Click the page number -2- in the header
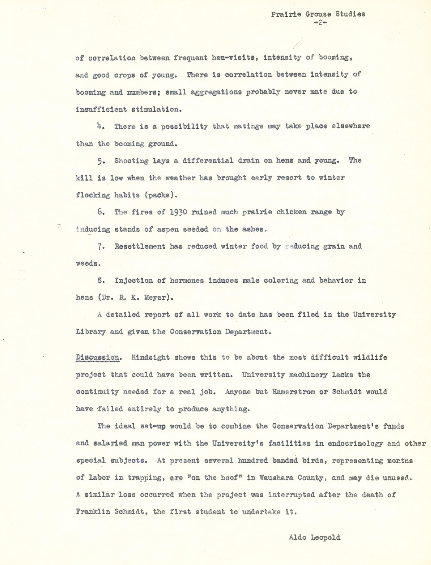point(320,23)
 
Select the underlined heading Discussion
point(97,357)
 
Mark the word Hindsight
point(151,357)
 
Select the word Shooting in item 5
point(131,161)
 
